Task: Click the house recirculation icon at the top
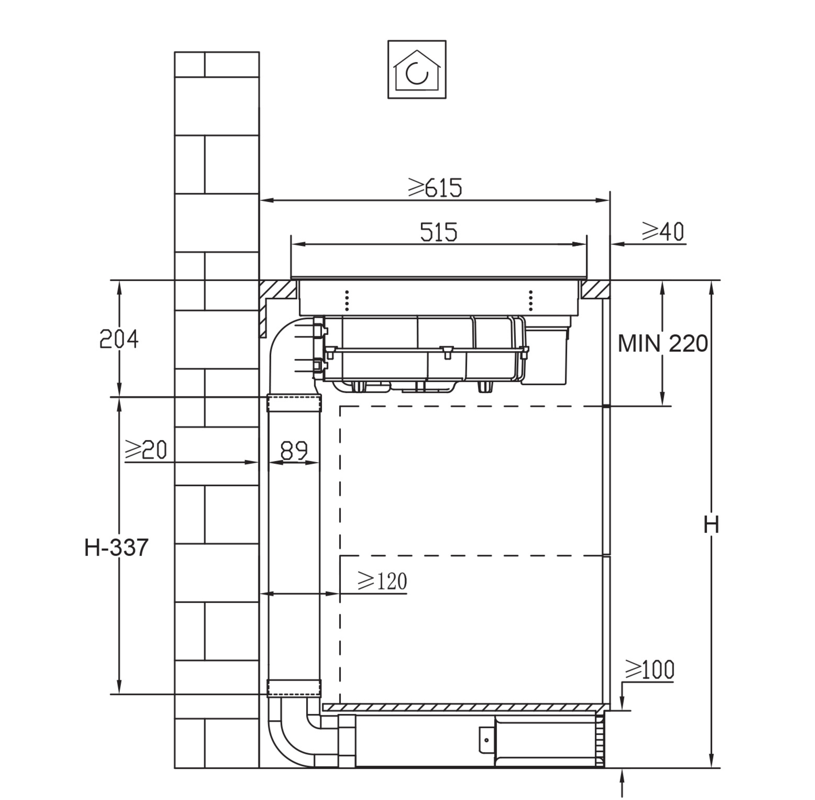(417, 70)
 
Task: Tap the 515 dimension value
(438, 232)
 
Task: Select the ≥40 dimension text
(663, 232)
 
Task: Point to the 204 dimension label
(119, 339)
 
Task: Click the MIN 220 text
(662, 344)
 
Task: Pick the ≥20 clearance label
(146, 450)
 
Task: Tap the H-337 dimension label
(116, 547)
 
